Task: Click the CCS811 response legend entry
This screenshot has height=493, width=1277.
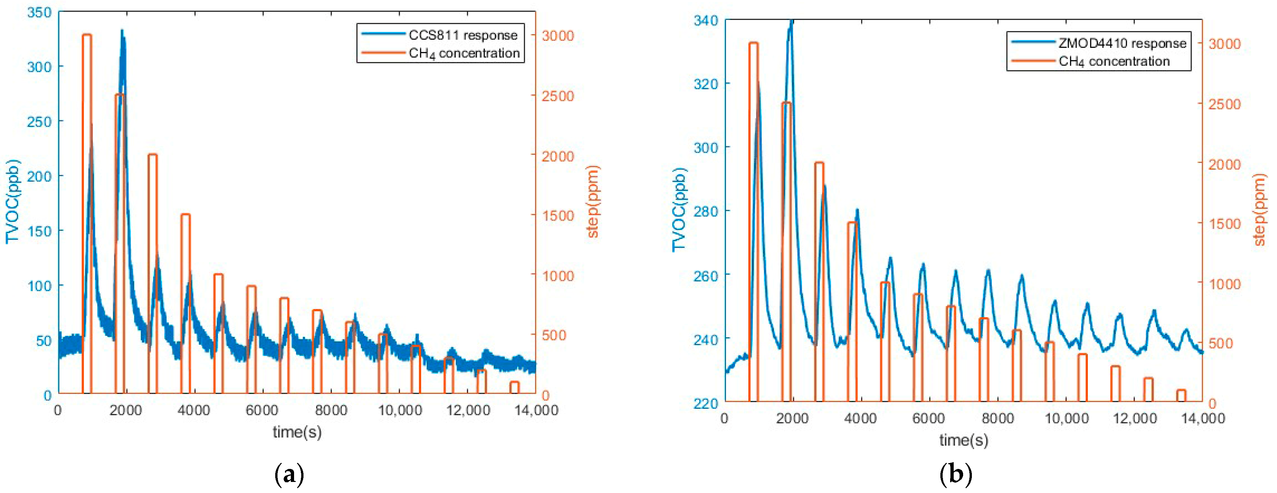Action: point(462,35)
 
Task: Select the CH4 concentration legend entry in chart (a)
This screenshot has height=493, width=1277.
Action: point(463,53)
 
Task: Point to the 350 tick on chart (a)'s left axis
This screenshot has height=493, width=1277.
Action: point(40,12)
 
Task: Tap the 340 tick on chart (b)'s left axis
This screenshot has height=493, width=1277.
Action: point(706,20)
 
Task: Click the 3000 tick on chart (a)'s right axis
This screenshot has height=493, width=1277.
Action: point(558,36)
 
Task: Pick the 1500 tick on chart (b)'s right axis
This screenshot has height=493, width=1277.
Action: point(1224,224)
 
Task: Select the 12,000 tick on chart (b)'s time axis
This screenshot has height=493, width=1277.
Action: point(1135,419)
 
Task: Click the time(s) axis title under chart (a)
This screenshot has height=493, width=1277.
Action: point(297,432)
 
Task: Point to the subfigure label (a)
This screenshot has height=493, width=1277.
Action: point(289,475)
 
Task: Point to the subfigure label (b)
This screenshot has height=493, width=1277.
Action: point(955,475)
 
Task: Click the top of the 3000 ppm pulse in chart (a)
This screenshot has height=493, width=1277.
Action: point(87,35)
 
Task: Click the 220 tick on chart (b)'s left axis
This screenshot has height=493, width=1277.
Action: point(706,404)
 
